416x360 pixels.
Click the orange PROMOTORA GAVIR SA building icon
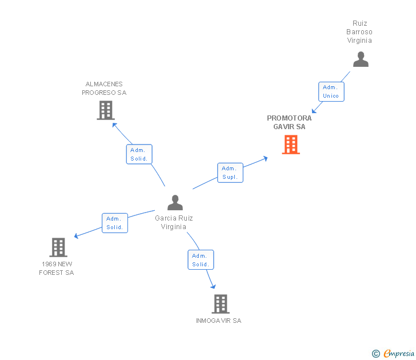tap(291, 145)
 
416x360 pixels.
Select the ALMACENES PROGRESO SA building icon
tap(106, 110)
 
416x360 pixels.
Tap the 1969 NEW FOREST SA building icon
tap(58, 247)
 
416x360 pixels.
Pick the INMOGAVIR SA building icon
tap(221, 304)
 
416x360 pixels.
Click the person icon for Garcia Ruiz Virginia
tap(175, 202)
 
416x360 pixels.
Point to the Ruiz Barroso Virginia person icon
tap(361, 59)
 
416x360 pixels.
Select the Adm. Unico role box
tap(331, 91)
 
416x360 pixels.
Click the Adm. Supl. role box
tap(230, 173)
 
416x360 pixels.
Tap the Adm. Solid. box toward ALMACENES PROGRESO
tap(139, 154)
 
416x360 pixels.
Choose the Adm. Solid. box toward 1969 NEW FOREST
tap(115, 223)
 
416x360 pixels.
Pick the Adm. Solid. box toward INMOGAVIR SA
tap(201, 260)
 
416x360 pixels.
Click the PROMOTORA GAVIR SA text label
tap(289, 122)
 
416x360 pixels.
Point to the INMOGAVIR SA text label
tap(219, 321)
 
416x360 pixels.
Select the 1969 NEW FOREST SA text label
tap(56, 268)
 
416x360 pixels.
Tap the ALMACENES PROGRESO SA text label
tap(104, 89)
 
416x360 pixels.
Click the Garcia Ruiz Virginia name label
tap(174, 222)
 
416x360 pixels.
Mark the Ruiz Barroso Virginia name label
tap(359, 32)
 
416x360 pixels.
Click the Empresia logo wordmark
tap(399, 353)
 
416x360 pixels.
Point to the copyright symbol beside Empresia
tap(376, 354)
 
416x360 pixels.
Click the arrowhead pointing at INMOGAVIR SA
tap(213, 286)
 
